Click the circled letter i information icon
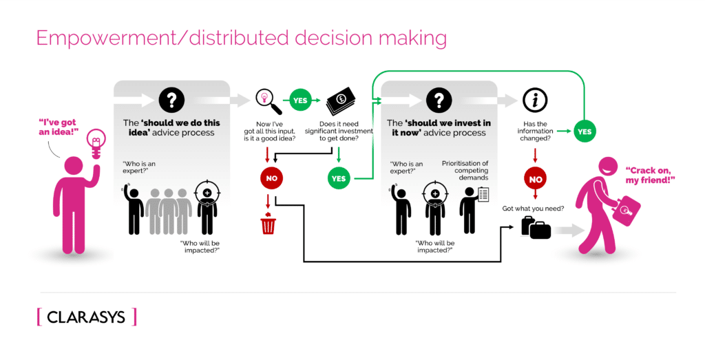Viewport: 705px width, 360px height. pyautogui.click(x=535, y=100)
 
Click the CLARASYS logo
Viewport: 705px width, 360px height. pyautogui.click(x=86, y=317)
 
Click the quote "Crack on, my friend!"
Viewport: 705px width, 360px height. pyautogui.click(x=649, y=174)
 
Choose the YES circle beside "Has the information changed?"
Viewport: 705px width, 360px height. pyautogui.click(x=584, y=131)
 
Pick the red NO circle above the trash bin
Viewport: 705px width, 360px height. pyautogui.click(x=271, y=178)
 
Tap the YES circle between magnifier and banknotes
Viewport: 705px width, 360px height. pyautogui.click(x=300, y=100)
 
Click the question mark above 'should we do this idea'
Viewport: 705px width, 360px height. pyautogui.click(x=171, y=100)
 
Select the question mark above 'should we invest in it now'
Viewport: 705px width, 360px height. pyautogui.click(x=438, y=100)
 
